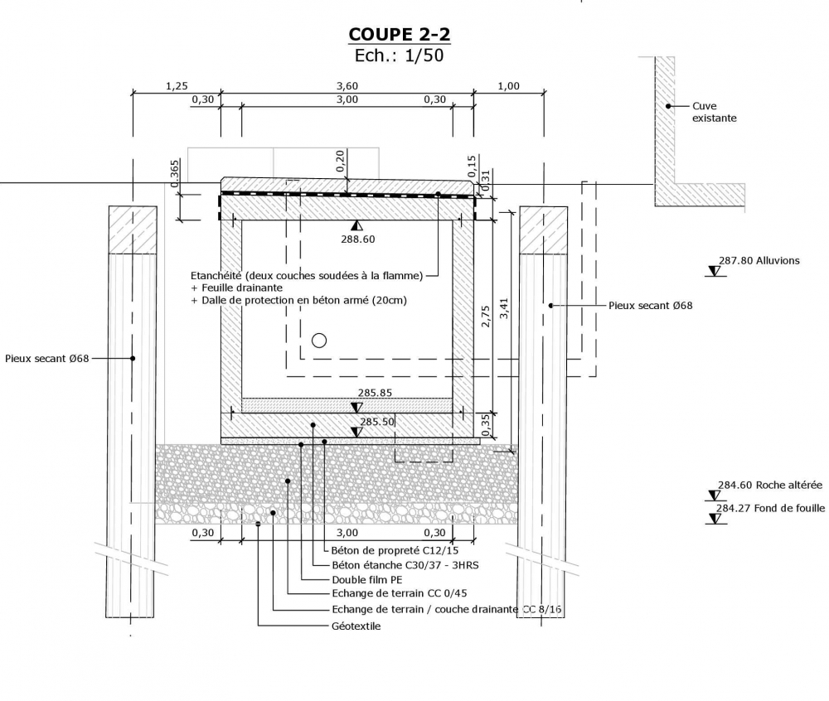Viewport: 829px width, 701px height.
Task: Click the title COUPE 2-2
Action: click(x=400, y=34)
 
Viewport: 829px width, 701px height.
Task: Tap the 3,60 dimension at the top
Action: click(x=347, y=86)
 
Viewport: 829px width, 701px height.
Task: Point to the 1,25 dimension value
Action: click(x=177, y=86)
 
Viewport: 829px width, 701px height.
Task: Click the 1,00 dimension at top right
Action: click(x=508, y=86)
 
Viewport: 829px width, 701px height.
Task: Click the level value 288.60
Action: click(x=358, y=239)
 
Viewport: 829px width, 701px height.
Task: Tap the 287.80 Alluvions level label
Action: click(x=759, y=260)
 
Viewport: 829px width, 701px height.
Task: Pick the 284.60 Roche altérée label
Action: click(x=769, y=486)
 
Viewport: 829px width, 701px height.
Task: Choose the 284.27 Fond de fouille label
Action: click(x=770, y=508)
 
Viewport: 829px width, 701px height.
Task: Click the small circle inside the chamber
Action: click(x=319, y=340)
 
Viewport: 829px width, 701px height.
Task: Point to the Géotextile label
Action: click(x=356, y=626)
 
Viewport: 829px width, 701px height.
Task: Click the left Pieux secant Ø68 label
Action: click(x=46, y=359)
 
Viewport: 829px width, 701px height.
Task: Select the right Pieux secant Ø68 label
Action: click(x=650, y=306)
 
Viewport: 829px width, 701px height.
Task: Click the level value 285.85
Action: click(x=375, y=393)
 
